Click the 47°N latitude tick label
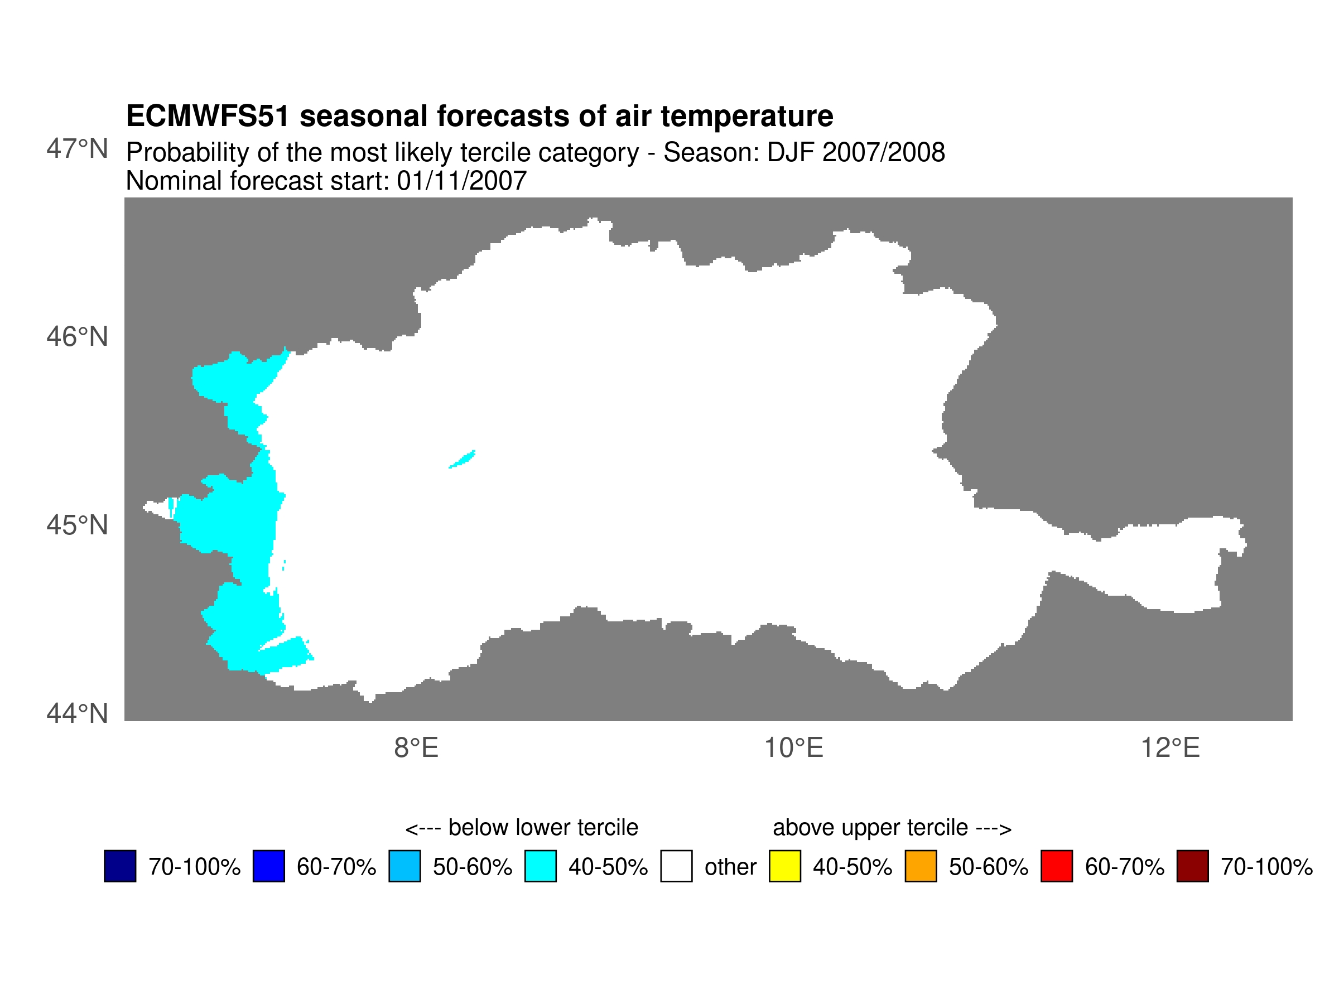click(x=77, y=149)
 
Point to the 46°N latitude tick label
click(x=77, y=337)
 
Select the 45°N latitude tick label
click(x=77, y=525)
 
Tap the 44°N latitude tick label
click(x=77, y=714)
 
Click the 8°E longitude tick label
click(x=416, y=749)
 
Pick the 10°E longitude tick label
click(x=793, y=749)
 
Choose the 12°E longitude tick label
click(x=1170, y=749)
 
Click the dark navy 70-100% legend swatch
click(x=120, y=866)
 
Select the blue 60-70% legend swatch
click(x=269, y=866)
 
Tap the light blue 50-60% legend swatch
click(x=404, y=866)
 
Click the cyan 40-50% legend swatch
click(x=541, y=866)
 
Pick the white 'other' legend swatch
click(x=676, y=866)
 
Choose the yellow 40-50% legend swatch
click(x=785, y=866)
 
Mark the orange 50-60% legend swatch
click(x=921, y=866)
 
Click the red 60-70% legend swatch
click(x=1057, y=866)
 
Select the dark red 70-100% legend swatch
click(x=1192, y=866)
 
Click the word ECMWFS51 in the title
click(x=208, y=116)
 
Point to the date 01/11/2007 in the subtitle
click(x=461, y=181)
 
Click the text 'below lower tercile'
click(x=542, y=827)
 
